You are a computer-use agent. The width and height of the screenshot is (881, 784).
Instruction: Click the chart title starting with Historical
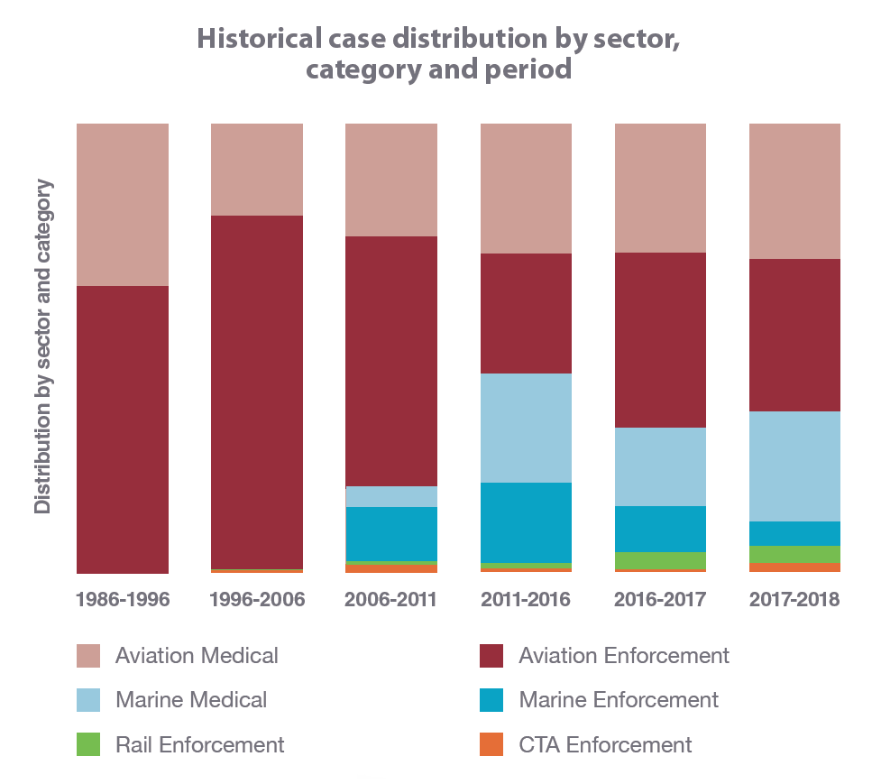click(x=438, y=54)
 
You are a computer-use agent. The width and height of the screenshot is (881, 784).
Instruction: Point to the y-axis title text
click(x=42, y=347)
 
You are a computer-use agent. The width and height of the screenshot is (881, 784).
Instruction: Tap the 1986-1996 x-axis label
click(x=123, y=600)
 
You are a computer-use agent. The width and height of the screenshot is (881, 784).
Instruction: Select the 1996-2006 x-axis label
click(x=257, y=600)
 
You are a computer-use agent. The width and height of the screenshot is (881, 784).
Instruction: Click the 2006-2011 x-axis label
click(x=390, y=600)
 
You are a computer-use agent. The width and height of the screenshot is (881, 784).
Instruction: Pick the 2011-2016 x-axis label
click(x=526, y=600)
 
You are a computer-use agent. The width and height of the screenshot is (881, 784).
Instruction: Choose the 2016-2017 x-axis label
click(x=660, y=600)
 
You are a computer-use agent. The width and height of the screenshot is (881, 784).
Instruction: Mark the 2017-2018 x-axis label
click(x=794, y=600)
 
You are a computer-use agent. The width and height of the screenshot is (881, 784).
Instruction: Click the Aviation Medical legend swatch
click(x=88, y=656)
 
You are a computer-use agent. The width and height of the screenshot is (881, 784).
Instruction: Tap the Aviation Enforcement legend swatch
click(x=491, y=656)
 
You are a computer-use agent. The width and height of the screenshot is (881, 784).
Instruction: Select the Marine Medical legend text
click(x=191, y=700)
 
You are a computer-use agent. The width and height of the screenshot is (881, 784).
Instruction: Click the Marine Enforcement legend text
click(x=619, y=700)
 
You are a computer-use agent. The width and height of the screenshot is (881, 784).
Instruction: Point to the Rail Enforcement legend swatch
click(x=88, y=744)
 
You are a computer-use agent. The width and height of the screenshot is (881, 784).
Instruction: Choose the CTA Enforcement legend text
click(x=605, y=745)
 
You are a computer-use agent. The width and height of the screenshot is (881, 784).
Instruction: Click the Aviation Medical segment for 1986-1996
click(x=123, y=204)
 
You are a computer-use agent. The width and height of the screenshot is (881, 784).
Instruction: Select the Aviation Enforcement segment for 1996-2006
click(x=257, y=392)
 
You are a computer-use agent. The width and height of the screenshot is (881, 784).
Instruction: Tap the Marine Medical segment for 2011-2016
click(x=526, y=428)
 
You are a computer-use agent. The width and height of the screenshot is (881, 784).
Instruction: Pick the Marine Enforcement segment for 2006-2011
click(x=391, y=533)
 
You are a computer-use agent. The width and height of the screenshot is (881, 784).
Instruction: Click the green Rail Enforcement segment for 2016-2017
click(x=660, y=560)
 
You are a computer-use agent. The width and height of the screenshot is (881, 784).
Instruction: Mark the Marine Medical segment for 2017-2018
click(x=794, y=466)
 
